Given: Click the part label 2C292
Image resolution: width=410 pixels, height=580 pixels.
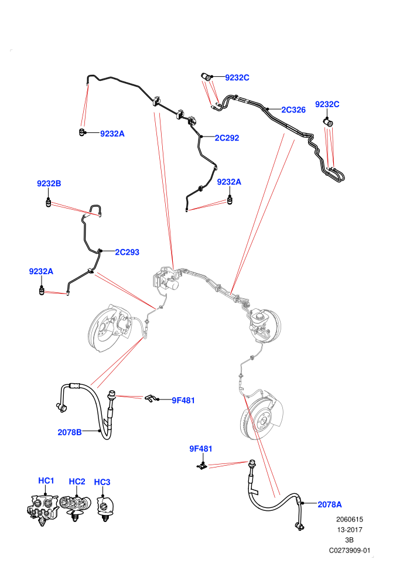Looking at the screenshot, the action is tap(227, 138).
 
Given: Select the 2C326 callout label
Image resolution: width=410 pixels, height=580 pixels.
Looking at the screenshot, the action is tap(293, 110).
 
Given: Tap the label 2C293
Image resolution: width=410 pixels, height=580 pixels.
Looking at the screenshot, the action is tap(127, 253).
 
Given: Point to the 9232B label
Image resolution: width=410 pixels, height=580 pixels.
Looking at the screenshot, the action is tap(49, 183).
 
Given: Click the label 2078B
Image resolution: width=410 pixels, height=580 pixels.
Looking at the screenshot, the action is tap(70, 432).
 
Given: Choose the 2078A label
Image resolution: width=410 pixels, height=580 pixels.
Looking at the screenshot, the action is tap(330, 504).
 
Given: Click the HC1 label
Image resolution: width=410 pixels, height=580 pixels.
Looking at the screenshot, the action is tap(46, 480).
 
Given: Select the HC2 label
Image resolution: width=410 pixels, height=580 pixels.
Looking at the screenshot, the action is tap(77, 481).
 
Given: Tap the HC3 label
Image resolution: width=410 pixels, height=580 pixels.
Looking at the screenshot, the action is tap(102, 482).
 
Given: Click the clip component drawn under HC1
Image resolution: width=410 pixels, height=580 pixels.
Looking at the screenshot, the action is tap(43, 509).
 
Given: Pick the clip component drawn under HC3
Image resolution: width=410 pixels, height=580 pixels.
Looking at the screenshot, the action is tap(105, 509).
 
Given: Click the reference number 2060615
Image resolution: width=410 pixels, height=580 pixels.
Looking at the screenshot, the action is tap(349, 519).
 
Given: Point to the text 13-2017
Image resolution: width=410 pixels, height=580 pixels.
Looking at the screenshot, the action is tap(349, 530).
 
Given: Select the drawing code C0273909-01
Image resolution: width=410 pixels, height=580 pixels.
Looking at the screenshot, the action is tap(349, 550).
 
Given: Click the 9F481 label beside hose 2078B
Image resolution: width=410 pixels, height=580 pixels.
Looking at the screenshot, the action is tap(183, 400).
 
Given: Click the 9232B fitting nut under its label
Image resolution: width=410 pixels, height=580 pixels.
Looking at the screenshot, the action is tap(48, 203).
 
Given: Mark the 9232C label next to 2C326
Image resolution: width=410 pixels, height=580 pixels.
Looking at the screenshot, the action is tap(327, 104).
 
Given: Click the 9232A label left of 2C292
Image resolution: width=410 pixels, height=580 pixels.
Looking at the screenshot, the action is tap(112, 134).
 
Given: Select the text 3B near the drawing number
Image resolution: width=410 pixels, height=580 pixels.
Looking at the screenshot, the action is tap(349, 540).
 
